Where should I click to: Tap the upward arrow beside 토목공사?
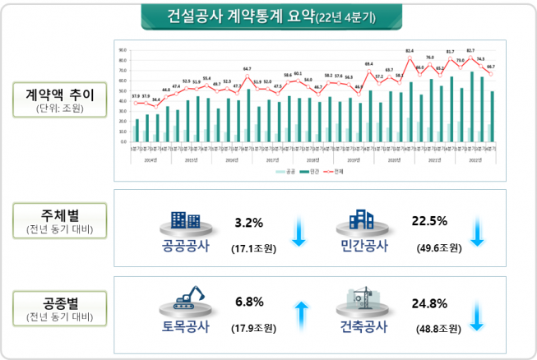tap(301, 316)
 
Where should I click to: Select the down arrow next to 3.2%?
tap(299, 234)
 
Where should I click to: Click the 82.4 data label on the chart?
tap(410, 51)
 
